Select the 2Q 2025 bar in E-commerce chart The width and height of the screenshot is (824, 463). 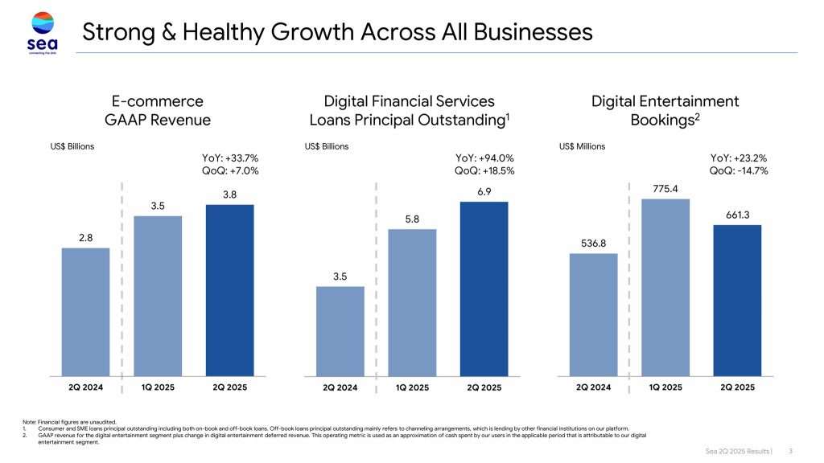tap(229, 289)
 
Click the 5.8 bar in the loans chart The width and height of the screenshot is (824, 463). tap(412, 302)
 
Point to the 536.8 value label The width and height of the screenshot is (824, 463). tap(593, 243)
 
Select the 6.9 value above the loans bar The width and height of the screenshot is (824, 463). tap(484, 191)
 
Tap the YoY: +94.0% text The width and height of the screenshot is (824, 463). tap(484, 158)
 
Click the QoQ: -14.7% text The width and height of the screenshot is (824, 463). tap(739, 171)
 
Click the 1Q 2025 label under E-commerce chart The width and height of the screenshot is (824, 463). tap(158, 387)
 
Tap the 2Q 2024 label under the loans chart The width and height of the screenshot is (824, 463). tap(340, 387)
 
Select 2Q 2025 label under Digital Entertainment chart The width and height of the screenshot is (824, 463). tap(737, 387)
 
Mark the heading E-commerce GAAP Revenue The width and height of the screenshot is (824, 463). tap(158, 111)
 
